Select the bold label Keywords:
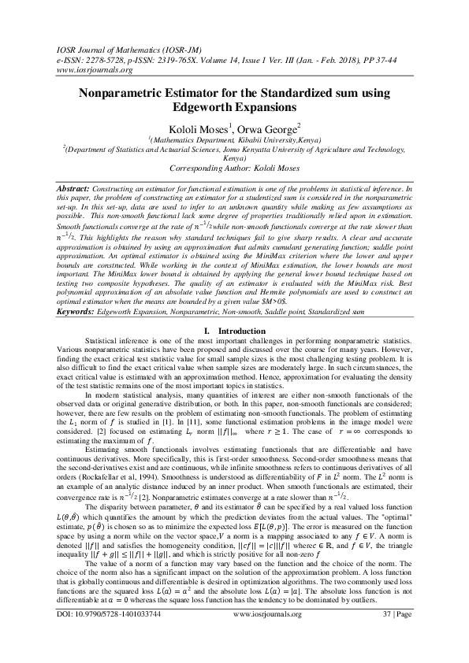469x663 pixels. click(x=77, y=334)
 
